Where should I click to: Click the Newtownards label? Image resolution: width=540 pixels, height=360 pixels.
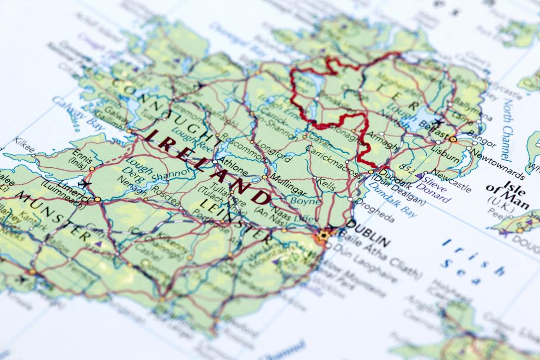coord(497,163)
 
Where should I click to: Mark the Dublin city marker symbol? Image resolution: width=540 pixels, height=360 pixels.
coord(324,235)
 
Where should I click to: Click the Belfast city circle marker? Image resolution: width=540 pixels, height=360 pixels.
coord(453,139)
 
